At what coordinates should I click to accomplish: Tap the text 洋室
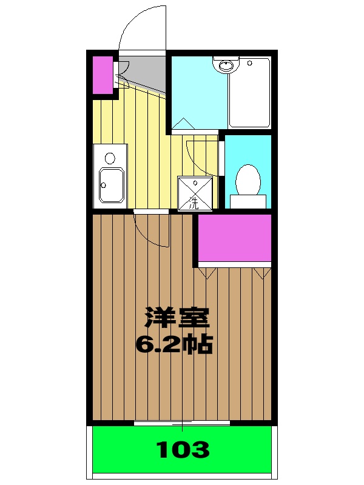tap(176, 318)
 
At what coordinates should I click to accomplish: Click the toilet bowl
tap(248, 178)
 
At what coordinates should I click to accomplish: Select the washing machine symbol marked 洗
tap(195, 193)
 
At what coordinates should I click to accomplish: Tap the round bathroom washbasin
tap(226, 64)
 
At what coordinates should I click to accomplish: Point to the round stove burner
tap(110, 158)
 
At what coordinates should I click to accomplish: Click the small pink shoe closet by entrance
tap(103, 75)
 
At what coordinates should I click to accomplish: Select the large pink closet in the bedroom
tap(234, 238)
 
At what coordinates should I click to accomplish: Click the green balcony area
tap(182, 450)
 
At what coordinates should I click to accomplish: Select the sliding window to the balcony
tap(182, 423)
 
